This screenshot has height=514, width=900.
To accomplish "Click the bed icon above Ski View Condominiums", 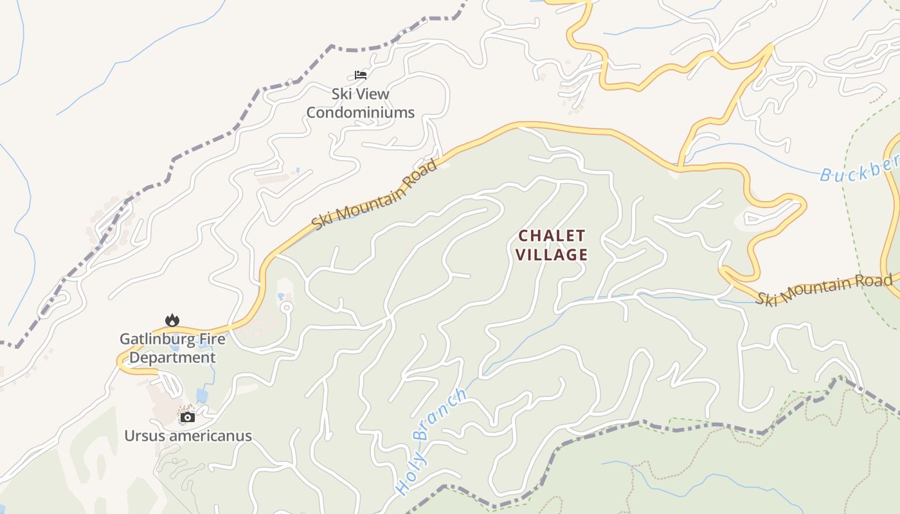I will tap(361, 75).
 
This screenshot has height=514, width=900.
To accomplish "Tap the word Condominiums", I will tap(360, 112).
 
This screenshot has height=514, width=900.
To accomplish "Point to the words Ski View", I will tap(360, 94).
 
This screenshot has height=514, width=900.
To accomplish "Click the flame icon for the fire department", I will tap(172, 320).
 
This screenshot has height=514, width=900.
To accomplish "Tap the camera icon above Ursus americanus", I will tap(187, 417).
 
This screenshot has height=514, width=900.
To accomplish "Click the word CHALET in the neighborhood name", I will tap(552, 236).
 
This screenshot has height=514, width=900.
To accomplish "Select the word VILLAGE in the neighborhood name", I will tap(552, 255).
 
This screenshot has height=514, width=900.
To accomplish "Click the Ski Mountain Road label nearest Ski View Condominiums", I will tap(375, 194).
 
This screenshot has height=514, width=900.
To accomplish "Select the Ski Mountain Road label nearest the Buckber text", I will tap(824, 290).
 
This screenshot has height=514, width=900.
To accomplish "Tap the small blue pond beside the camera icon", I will tap(202, 396).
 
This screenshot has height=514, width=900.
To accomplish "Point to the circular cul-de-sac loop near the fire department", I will tap(286, 307).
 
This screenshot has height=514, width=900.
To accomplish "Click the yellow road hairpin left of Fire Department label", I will tap(120, 362).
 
